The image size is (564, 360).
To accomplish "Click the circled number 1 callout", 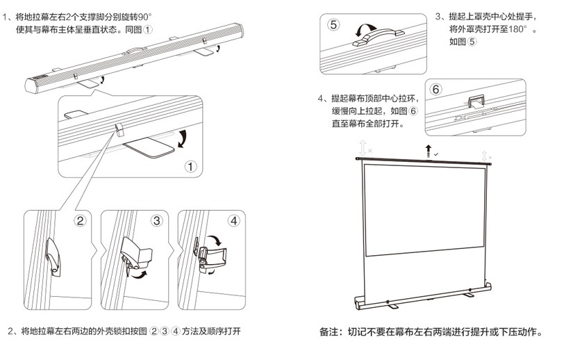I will [x=191, y=166].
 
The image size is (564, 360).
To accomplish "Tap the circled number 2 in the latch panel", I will [x=80, y=221].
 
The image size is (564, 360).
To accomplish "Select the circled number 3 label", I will [x=156, y=221].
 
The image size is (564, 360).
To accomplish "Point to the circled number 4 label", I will [x=233, y=221].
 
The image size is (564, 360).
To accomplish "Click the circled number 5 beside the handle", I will [x=334, y=25].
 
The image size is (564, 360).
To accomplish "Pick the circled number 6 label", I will [x=436, y=89].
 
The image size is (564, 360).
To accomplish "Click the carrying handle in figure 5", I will [x=377, y=39].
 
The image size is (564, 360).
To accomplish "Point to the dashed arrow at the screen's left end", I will [x=362, y=147].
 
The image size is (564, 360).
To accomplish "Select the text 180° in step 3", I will [x=518, y=29].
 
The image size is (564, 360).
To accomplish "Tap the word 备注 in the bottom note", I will [x=330, y=332].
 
